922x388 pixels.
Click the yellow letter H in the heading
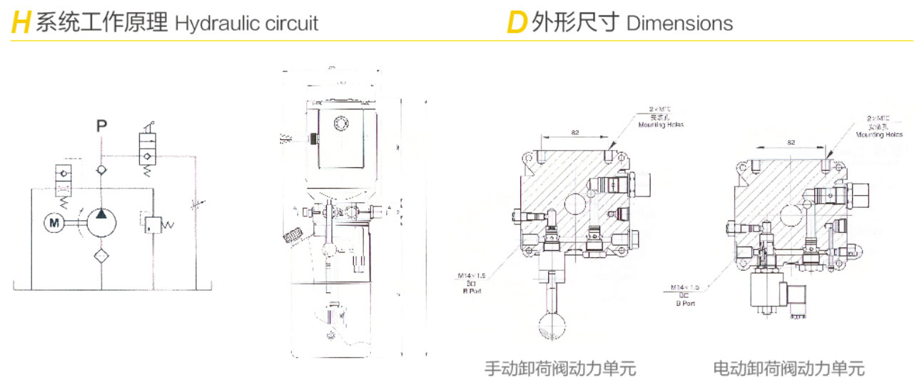tap(21, 23)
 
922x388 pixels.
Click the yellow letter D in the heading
tap(516, 23)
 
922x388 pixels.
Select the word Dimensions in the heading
tap(679, 23)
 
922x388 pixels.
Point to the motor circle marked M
tap(54, 223)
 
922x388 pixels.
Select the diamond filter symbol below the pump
tap(101, 256)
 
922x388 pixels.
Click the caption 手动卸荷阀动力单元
tap(559, 369)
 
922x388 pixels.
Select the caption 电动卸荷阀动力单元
tap(789, 369)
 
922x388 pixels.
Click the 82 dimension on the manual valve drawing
tap(574, 131)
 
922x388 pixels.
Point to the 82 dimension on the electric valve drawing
tap(791, 142)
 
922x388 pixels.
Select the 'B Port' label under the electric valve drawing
tap(685, 303)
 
